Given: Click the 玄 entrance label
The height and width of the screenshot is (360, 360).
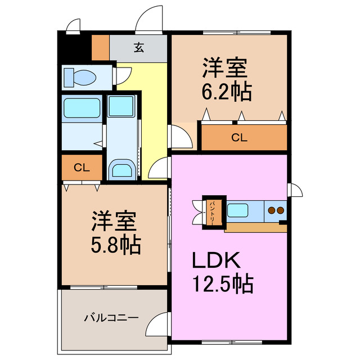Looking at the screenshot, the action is [139, 48].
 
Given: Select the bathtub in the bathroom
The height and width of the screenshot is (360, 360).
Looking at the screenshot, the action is [82, 108].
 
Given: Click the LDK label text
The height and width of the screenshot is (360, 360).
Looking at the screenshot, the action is [217, 260].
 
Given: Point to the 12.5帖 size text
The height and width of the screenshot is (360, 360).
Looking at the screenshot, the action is [223, 283].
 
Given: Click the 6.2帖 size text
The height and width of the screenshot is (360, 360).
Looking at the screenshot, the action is [227, 92].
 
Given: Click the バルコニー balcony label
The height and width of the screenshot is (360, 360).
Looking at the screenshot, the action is [111, 318].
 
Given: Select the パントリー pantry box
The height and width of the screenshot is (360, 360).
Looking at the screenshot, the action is [214, 213].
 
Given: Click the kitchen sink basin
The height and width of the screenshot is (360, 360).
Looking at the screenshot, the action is [237, 210].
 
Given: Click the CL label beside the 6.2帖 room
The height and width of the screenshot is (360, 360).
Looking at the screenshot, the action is [239, 137].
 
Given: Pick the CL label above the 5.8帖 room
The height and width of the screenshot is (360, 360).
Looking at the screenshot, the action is [82, 168].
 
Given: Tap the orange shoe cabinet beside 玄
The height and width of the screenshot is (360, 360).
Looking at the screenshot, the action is [100, 47].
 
